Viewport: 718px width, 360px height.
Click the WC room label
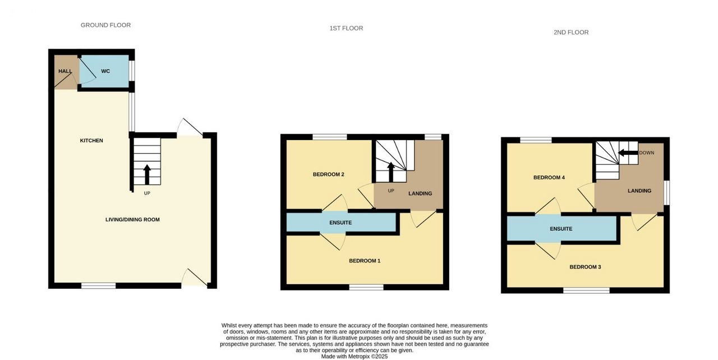click(x=105, y=71)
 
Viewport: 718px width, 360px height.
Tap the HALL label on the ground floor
click(x=65, y=71)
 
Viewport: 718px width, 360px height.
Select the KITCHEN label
click(x=91, y=141)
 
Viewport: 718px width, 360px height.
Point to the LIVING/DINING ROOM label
click(x=132, y=220)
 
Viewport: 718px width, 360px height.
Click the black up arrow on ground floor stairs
click(x=147, y=174)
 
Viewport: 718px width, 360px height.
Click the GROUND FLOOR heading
click(x=105, y=25)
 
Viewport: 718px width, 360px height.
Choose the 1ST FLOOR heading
click(x=346, y=28)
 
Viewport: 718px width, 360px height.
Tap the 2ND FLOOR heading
click(x=571, y=33)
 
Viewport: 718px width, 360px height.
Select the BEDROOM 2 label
click(x=329, y=174)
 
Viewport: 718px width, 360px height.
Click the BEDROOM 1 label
click(x=365, y=261)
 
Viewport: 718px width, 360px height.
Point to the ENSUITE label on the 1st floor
click(x=340, y=223)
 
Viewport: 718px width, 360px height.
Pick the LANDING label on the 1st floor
click(x=420, y=193)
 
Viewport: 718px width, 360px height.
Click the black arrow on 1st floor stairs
click(x=391, y=172)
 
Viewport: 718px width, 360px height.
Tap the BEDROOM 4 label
click(x=549, y=177)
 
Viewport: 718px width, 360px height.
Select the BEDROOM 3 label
click(x=585, y=267)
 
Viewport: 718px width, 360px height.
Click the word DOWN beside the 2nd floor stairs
click(x=647, y=153)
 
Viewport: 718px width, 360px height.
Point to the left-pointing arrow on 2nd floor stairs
click(x=628, y=153)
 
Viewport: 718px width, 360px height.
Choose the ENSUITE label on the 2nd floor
click(x=561, y=229)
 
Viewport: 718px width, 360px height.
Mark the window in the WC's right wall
click(x=131, y=71)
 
